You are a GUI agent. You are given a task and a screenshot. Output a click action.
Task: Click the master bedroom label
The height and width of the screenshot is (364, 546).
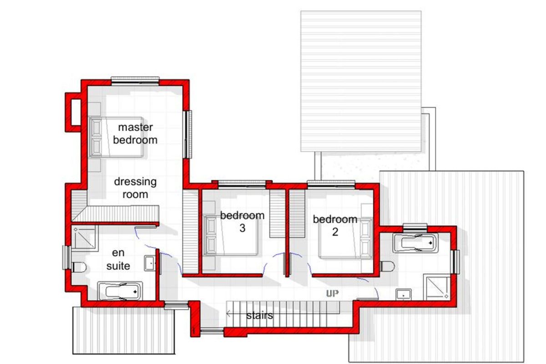tap(135, 133)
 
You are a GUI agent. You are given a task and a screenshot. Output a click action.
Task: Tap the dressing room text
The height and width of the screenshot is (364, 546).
tap(135, 188)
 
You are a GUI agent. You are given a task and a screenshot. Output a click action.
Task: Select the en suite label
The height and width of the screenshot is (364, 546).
tap(118, 259)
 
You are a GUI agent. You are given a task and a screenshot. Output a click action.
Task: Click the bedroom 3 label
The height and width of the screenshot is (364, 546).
tap(242, 222)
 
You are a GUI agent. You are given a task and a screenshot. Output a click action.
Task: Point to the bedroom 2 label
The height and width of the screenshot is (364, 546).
tap(335, 225)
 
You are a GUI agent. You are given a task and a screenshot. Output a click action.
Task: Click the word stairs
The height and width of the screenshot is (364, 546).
tap(260, 315)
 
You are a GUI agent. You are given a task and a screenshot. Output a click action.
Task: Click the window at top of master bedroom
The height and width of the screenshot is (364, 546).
tap(135, 81)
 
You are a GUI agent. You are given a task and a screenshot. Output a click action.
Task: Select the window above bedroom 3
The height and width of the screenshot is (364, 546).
tap(242, 184)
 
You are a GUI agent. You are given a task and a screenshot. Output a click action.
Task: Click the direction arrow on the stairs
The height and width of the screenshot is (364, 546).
tap(229, 313)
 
